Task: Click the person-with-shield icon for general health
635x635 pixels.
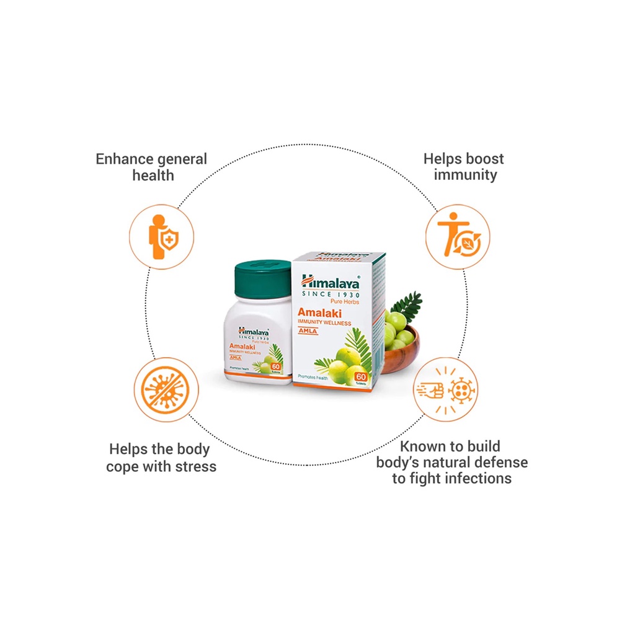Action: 161,237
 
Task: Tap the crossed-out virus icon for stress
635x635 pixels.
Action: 166,389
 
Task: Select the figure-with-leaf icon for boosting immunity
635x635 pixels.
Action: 458,237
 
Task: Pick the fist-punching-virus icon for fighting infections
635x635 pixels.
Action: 445,389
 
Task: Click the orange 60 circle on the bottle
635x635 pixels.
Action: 276,366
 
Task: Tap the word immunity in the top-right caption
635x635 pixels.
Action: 465,175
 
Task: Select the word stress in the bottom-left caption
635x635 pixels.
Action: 194,466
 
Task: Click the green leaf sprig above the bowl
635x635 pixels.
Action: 406,305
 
